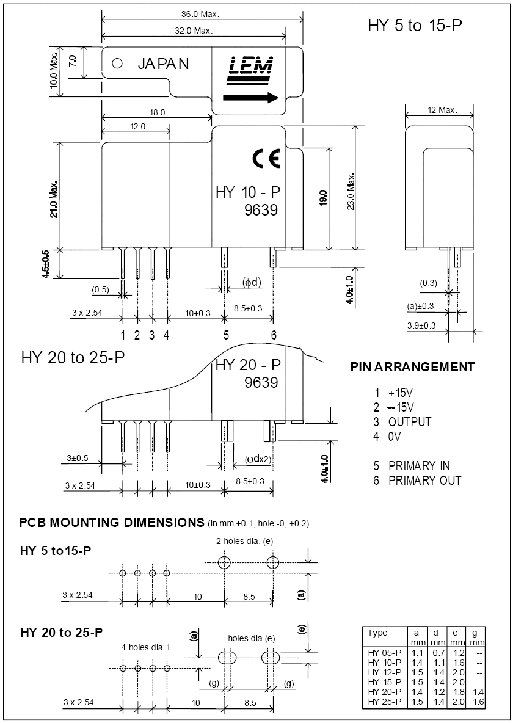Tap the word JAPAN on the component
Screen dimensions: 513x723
(x=163, y=64)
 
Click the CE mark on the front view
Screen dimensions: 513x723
(x=266, y=158)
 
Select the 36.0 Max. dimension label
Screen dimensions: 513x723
(x=200, y=14)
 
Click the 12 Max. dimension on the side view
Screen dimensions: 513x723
(x=442, y=110)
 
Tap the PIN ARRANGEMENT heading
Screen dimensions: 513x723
(x=412, y=367)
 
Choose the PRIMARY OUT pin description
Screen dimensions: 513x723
(x=424, y=481)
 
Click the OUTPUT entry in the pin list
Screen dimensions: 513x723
(x=410, y=422)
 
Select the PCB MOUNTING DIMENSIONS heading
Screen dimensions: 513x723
(x=112, y=523)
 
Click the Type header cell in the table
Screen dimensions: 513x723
(x=377, y=633)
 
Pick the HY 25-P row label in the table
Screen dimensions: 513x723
(x=384, y=702)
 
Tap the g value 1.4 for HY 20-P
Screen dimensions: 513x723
(x=478, y=692)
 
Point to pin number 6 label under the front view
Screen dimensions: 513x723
(x=274, y=335)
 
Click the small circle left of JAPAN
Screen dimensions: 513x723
(x=118, y=63)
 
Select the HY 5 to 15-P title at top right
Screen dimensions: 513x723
(x=415, y=26)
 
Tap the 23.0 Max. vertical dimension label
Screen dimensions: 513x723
(x=351, y=191)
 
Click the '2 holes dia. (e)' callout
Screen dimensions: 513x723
(x=244, y=541)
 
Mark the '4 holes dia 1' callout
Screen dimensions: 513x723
(x=146, y=647)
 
